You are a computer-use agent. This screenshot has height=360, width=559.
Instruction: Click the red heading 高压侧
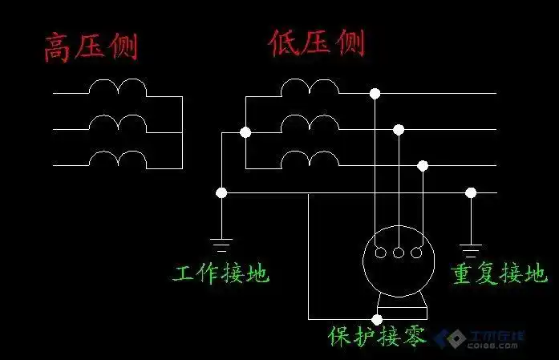(x=91, y=46)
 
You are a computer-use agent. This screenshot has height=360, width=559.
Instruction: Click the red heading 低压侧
(x=316, y=42)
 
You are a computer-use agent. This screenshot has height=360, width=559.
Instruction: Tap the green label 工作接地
(x=221, y=274)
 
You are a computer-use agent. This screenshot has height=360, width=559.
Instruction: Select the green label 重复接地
(x=500, y=274)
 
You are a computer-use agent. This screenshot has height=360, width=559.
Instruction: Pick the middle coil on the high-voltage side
(x=117, y=123)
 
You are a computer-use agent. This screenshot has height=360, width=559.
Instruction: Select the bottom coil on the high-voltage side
(x=117, y=160)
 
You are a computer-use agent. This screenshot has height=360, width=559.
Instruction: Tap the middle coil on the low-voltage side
(x=310, y=123)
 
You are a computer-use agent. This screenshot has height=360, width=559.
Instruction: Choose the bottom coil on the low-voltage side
(x=310, y=160)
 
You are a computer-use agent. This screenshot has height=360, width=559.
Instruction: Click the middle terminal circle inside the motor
(x=398, y=253)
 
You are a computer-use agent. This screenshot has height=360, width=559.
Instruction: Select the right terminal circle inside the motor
(x=416, y=253)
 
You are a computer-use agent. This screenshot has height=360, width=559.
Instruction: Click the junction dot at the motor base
(x=377, y=318)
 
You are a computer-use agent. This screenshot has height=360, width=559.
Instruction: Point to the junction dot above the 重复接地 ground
(x=471, y=192)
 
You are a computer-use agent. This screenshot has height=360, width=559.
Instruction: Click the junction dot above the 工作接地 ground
(x=221, y=192)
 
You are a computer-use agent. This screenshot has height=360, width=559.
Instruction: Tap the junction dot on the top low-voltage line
(x=375, y=94)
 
